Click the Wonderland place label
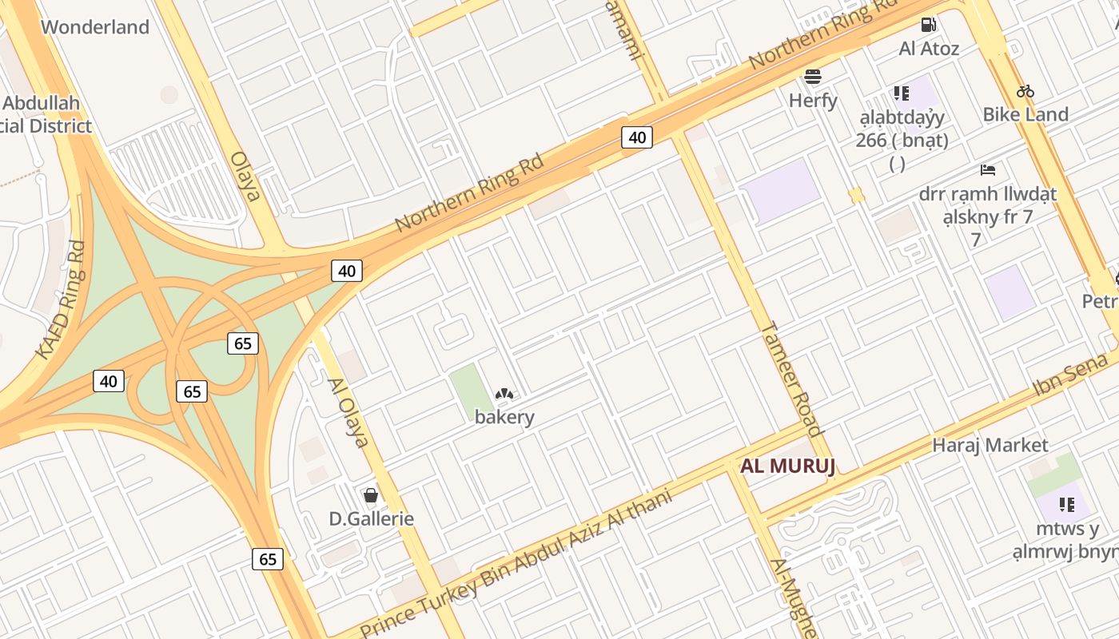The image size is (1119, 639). pyautogui.click(x=95, y=27)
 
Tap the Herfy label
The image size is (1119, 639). pyautogui.click(x=813, y=101)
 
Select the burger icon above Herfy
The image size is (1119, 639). pyautogui.click(x=813, y=77)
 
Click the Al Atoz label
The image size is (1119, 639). pyautogui.click(x=929, y=49)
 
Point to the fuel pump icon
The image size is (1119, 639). pyautogui.click(x=928, y=25)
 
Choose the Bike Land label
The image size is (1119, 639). pyautogui.click(x=1025, y=114)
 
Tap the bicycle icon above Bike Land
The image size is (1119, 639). pyautogui.click(x=1025, y=91)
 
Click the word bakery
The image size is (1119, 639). pyautogui.click(x=504, y=417)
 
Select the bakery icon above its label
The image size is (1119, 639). pyautogui.click(x=504, y=394)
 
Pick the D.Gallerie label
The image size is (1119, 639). pyautogui.click(x=372, y=519)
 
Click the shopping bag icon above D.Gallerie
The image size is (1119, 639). pyautogui.click(x=371, y=496)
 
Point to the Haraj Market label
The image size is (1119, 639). pyautogui.click(x=990, y=445)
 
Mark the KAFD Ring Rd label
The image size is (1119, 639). pyautogui.click(x=60, y=300)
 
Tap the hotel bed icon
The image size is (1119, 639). pyautogui.click(x=988, y=170)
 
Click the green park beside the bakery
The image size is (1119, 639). pyautogui.click(x=471, y=389)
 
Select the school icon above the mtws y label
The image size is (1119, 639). pyautogui.click(x=1066, y=505)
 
